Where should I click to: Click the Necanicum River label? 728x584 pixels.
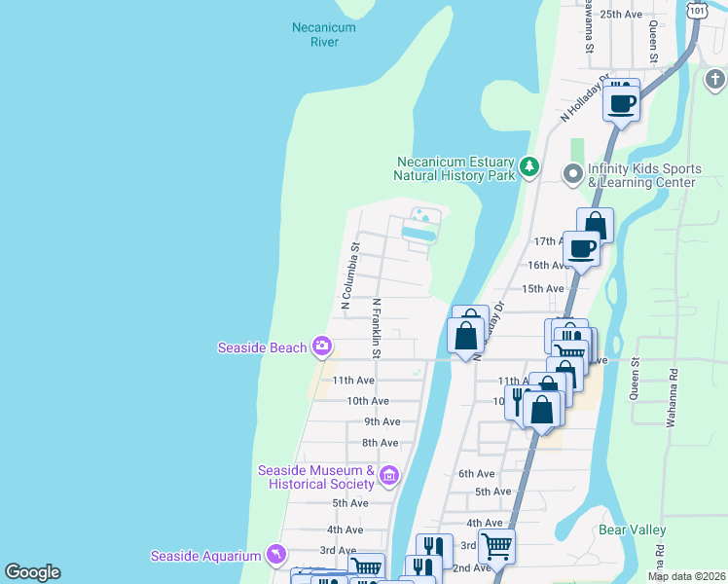tap(324, 35)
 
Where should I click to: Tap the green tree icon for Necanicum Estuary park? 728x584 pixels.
tap(529, 167)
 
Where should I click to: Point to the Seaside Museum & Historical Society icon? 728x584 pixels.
tap(388, 476)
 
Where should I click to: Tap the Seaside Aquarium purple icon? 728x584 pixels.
tap(276, 555)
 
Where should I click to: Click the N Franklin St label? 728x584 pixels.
tap(375, 328)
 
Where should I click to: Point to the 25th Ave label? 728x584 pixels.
tap(621, 15)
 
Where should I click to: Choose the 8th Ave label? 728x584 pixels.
tap(381, 443)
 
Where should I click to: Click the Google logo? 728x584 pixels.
tap(32, 572)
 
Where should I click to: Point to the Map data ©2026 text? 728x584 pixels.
tap(686, 576)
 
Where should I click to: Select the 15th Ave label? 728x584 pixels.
tap(543, 289)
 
